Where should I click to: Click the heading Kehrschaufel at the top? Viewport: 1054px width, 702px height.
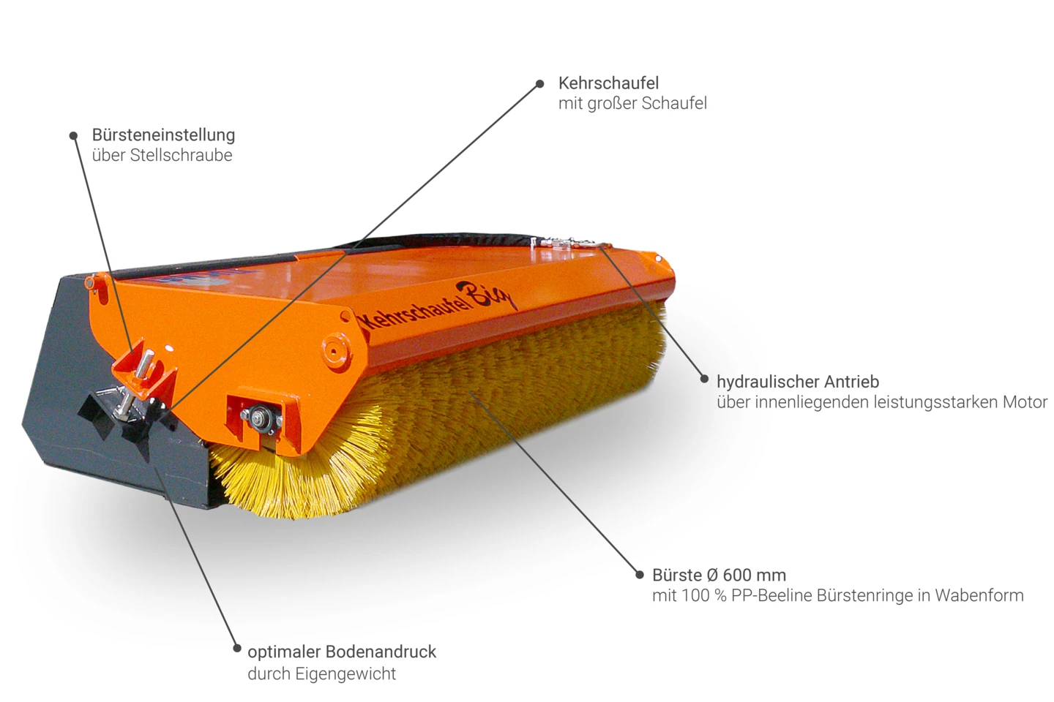(x=608, y=83)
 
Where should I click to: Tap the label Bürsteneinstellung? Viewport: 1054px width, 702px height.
(x=163, y=135)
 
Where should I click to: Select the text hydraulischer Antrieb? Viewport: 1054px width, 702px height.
(x=798, y=382)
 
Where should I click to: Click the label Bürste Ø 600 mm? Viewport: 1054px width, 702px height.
(x=719, y=575)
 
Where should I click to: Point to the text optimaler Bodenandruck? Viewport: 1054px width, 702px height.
(x=342, y=652)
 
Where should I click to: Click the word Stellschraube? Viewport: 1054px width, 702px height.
(x=182, y=155)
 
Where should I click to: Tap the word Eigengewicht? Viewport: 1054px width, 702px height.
(x=345, y=674)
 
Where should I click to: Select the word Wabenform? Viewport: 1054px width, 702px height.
(x=979, y=596)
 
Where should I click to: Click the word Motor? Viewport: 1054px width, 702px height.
(x=1025, y=402)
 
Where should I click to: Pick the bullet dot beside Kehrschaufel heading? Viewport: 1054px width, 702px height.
(x=540, y=83)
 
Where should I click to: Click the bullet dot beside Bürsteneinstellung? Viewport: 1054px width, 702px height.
(x=73, y=136)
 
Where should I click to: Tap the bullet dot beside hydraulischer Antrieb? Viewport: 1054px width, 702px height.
(x=704, y=379)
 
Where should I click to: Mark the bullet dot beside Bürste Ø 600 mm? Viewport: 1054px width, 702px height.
(x=640, y=575)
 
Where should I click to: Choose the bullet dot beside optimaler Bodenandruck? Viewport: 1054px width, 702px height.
(x=237, y=649)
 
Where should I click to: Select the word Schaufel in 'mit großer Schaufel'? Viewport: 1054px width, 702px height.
(x=674, y=103)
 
